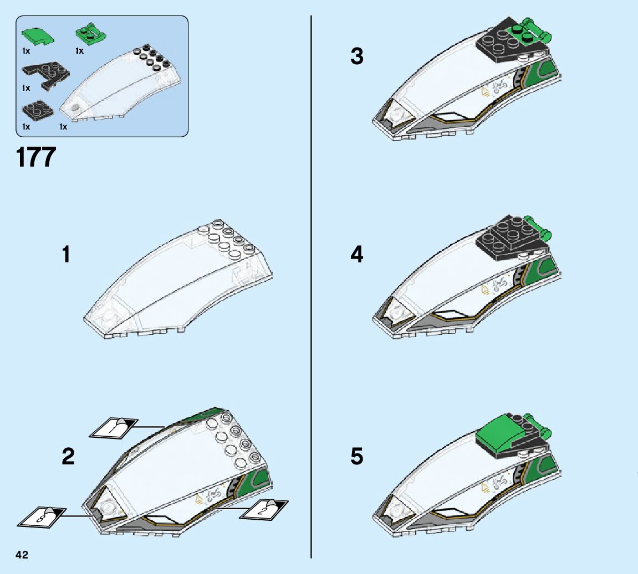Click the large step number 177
click(x=37, y=157)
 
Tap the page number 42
click(x=22, y=555)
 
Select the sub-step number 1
click(x=66, y=255)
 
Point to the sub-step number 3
click(x=357, y=56)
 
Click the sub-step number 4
click(x=357, y=255)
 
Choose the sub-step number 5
click(x=357, y=457)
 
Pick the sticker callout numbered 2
click(x=264, y=508)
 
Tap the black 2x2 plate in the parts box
click(x=38, y=109)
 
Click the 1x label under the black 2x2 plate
click(x=25, y=127)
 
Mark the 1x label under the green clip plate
click(x=79, y=51)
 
